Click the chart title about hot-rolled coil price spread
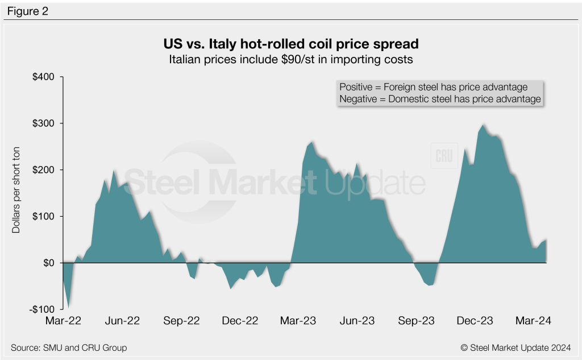click(290, 44)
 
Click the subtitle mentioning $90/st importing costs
click(290, 59)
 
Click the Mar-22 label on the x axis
click(63, 321)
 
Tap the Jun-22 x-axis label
click(122, 321)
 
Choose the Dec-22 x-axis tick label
click(240, 321)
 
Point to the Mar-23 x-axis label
click(299, 321)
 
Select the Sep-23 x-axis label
click(417, 321)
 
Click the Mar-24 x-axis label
click(533, 321)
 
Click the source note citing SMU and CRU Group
click(69, 347)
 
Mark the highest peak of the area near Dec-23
click(484, 125)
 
